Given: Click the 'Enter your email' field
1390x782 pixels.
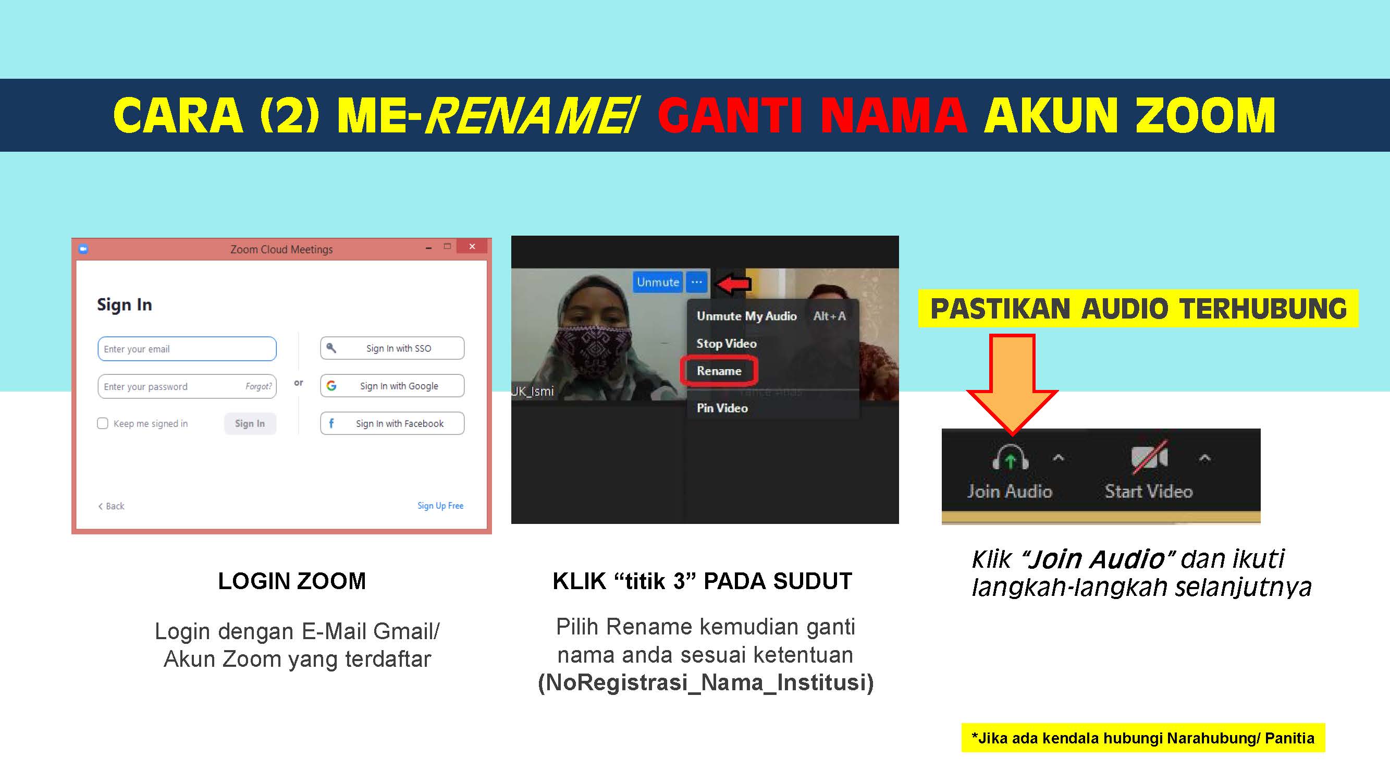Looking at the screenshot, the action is click(187, 349).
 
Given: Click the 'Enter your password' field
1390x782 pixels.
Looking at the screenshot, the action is click(187, 386).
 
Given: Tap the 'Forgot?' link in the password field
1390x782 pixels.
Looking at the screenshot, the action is click(259, 386).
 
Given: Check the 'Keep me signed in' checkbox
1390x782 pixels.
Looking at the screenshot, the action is click(103, 423).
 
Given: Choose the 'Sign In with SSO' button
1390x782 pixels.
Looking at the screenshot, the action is click(392, 348).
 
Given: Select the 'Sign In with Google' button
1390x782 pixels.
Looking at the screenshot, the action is click(392, 386).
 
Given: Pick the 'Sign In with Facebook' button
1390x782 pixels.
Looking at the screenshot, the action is click(392, 424).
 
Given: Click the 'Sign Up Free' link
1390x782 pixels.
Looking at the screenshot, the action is click(440, 506).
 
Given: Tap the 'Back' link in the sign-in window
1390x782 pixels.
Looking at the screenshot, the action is click(112, 506).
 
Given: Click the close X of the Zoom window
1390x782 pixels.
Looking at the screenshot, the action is click(472, 246).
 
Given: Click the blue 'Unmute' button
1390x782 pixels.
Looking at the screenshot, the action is click(658, 282).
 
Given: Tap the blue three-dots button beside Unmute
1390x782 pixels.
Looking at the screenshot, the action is click(697, 282).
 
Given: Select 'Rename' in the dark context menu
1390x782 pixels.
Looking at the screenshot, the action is click(719, 371).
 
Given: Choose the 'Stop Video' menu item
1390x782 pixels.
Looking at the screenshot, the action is click(727, 343).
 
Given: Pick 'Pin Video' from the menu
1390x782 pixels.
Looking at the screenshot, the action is click(722, 408).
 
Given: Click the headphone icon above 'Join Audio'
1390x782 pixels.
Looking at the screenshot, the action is click(1010, 458).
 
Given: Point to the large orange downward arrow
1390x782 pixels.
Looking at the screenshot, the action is click(1012, 385).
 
